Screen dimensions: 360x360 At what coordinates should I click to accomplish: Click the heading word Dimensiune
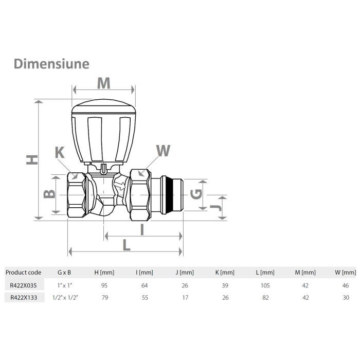(51, 64)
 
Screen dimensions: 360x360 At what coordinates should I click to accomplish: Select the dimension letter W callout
(163, 150)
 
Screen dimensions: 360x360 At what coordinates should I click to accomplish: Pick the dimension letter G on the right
(195, 194)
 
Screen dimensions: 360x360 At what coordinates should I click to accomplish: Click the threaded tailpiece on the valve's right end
(172, 195)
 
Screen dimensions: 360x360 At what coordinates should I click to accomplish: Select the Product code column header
(23, 273)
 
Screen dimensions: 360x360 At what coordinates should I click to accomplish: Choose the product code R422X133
(24, 297)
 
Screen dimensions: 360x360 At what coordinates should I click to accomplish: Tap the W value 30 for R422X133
(346, 297)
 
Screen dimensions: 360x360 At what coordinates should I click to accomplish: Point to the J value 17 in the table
(185, 297)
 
